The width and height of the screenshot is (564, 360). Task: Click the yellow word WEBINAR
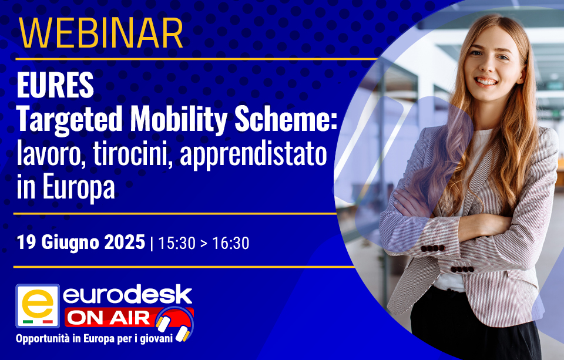point(101,33)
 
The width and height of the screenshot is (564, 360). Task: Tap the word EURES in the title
point(55,85)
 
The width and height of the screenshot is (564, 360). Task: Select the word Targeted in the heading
point(70,120)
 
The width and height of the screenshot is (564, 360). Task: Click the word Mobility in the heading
point(179,120)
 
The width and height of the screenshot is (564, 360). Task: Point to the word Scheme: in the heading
point(286,119)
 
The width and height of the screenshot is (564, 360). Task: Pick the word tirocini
point(131,154)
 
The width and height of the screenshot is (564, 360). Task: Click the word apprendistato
point(253,155)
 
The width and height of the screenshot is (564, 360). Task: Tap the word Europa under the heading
point(79,187)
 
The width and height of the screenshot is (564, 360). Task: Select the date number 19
point(26,242)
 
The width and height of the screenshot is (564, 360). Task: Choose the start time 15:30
point(176,243)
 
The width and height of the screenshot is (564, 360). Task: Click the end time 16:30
point(230,243)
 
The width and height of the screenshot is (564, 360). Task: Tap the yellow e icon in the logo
point(38,305)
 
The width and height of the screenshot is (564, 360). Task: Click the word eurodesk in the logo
point(127,295)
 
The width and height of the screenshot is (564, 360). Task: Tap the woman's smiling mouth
point(486,82)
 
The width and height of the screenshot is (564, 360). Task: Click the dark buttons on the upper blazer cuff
point(433,248)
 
